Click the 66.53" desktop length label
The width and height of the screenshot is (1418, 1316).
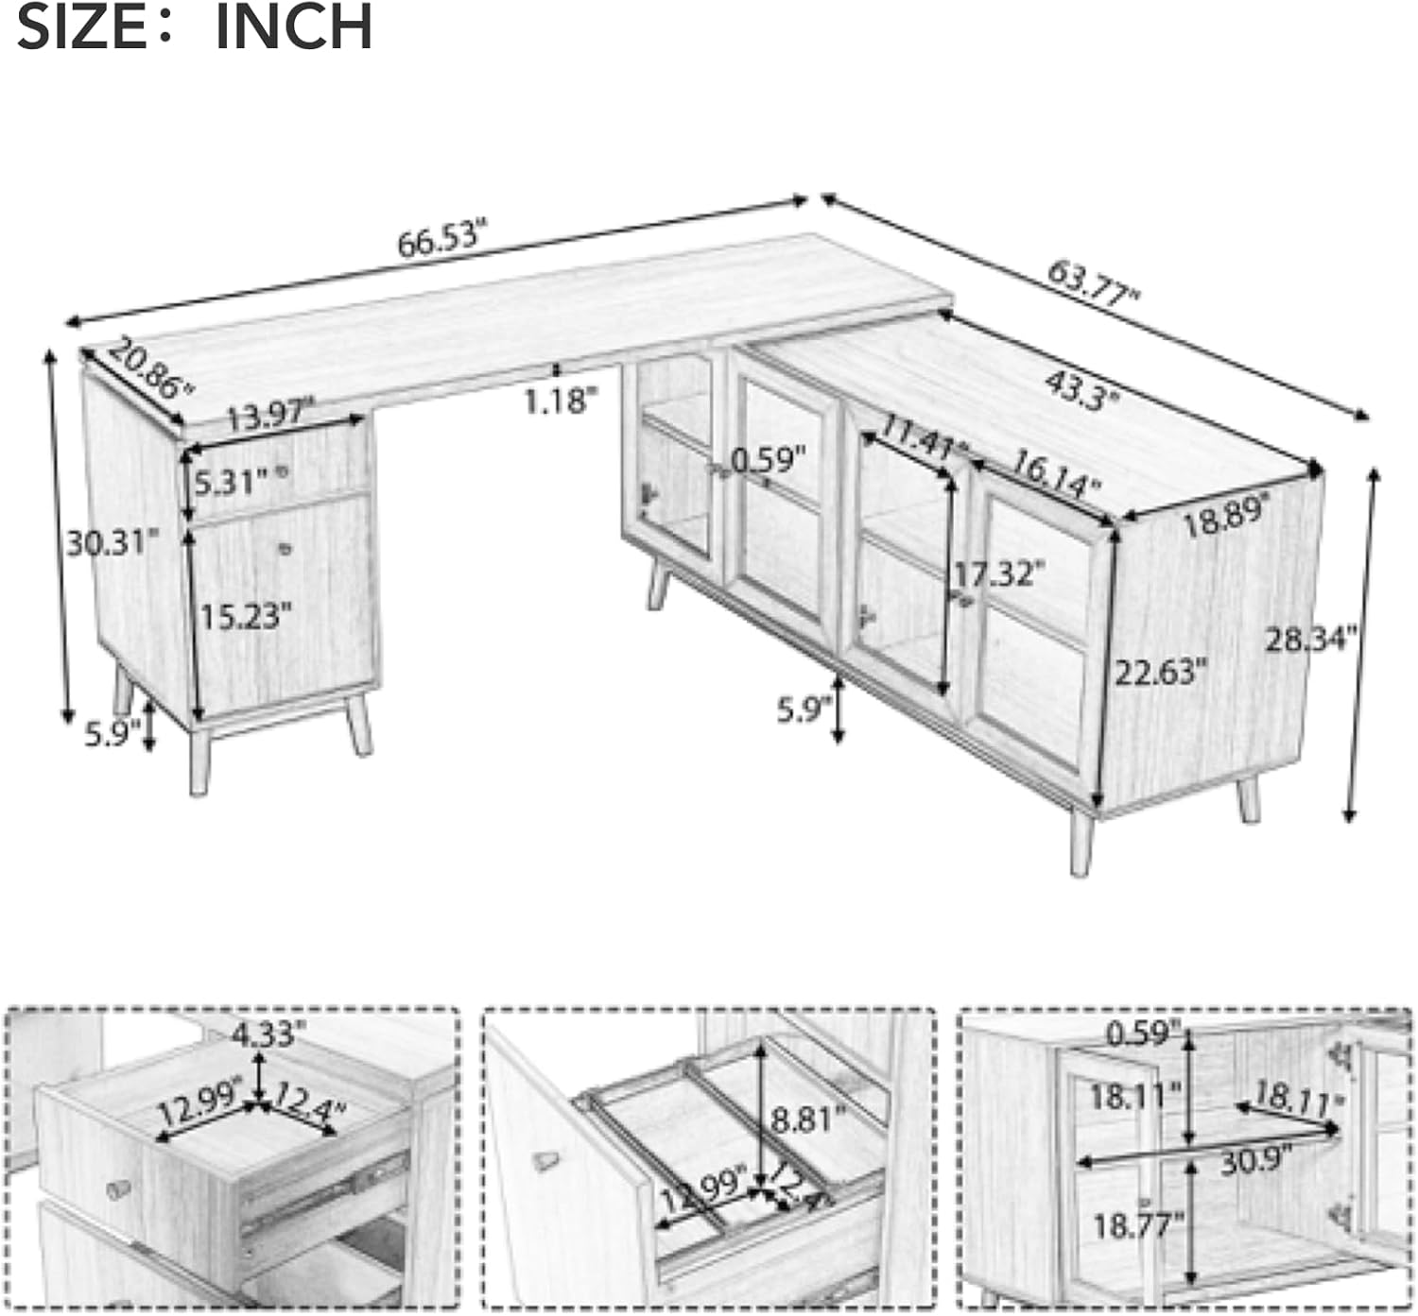click(x=442, y=237)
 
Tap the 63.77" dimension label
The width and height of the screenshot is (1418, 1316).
click(x=1093, y=284)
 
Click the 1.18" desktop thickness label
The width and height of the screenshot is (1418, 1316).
click(x=562, y=402)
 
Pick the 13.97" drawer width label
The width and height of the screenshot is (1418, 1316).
click(x=271, y=414)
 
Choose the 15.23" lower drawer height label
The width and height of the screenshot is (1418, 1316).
click(x=246, y=616)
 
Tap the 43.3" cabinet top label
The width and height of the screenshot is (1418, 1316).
click(x=1081, y=390)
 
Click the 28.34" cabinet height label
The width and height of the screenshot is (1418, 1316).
click(x=1311, y=639)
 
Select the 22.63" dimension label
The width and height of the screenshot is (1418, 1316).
click(x=1160, y=673)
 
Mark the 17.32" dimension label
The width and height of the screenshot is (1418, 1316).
click(x=999, y=573)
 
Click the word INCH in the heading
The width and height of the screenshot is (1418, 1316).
click(x=293, y=27)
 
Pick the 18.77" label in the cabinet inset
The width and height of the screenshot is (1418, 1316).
click(x=1139, y=1226)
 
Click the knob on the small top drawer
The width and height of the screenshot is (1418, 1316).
click(x=283, y=471)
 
